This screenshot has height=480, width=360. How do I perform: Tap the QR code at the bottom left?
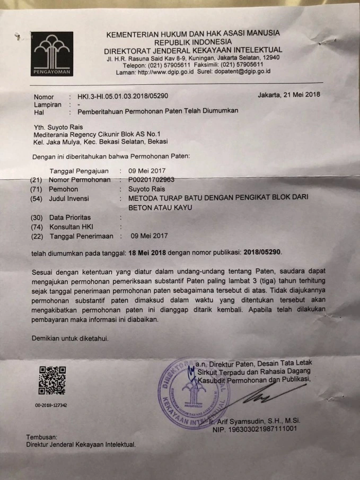51,380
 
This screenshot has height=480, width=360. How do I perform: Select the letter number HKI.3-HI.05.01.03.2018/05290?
123,97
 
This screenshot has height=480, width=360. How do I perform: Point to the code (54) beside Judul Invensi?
37,198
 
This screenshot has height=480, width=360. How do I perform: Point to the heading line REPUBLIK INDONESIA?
193,41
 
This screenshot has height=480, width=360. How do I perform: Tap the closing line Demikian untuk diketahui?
71,338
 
